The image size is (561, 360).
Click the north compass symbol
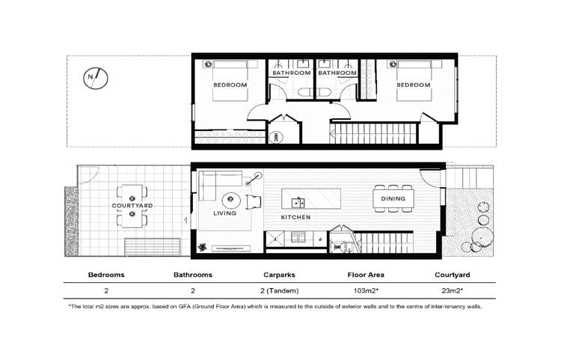96,78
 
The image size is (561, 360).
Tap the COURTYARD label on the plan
132,206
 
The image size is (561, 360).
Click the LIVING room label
224,213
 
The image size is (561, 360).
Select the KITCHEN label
295,217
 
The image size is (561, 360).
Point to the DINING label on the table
393,198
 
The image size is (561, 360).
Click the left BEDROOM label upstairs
230,85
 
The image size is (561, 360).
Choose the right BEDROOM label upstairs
413,85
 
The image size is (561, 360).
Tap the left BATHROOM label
292,73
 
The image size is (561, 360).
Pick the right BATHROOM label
337,73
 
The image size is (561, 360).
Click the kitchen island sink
298,203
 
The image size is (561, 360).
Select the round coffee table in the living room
230,200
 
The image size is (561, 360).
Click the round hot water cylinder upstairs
276,137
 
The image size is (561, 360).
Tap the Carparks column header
279,275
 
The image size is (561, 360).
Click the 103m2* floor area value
366,291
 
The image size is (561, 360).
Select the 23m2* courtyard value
453,291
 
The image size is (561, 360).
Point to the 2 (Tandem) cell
280,291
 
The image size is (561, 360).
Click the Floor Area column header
366,275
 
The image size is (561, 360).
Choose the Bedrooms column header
106,275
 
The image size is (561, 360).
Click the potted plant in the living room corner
202,247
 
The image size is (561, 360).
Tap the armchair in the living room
254,202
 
